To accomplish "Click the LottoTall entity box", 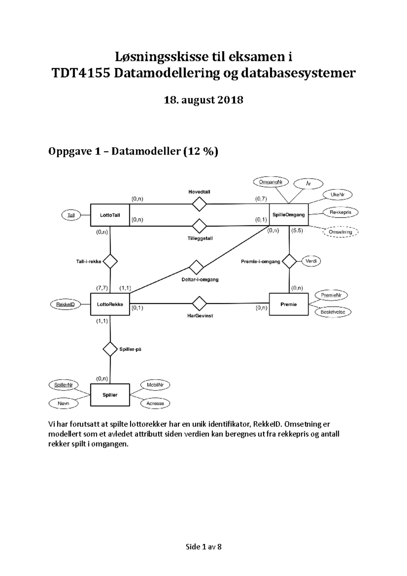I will click(x=110, y=215).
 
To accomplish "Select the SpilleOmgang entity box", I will click(x=289, y=215).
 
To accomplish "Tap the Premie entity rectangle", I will click(x=289, y=304).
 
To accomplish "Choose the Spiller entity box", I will click(x=110, y=395).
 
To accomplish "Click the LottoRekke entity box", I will click(x=110, y=304).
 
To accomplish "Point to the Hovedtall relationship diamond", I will click(x=199, y=204).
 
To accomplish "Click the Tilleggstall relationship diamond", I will click(x=199, y=226).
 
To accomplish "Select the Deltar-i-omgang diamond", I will click(x=196, y=267).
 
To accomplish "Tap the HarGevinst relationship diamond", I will click(x=199, y=303).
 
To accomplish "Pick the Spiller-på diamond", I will click(x=110, y=349).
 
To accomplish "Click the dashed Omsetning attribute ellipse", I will click(x=340, y=232).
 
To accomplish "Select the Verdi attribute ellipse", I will click(x=311, y=261).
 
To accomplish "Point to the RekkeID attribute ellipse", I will click(x=65, y=304).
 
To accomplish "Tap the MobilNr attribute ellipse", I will click(x=155, y=385).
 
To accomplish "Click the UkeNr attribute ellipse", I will click(x=337, y=195).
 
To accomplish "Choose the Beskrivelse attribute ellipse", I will click(x=333, y=312).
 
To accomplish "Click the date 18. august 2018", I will click(x=203, y=100).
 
